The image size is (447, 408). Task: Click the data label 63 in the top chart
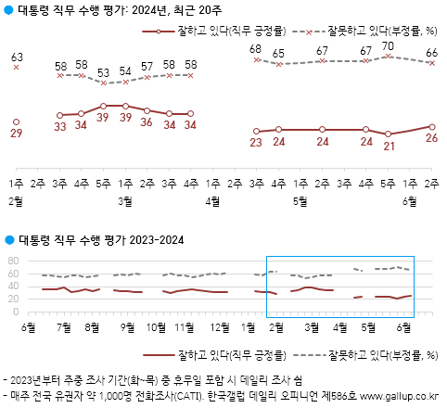(x=17, y=57)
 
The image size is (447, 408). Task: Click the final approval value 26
(x=432, y=139)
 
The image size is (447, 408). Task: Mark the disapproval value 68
(x=255, y=48)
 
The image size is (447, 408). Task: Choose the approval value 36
(x=147, y=121)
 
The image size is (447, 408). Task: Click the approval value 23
(x=255, y=142)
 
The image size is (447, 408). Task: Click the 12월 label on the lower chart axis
(x=220, y=327)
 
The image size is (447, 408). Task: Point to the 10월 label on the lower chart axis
(x=157, y=327)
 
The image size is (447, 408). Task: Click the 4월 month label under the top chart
(x=212, y=199)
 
